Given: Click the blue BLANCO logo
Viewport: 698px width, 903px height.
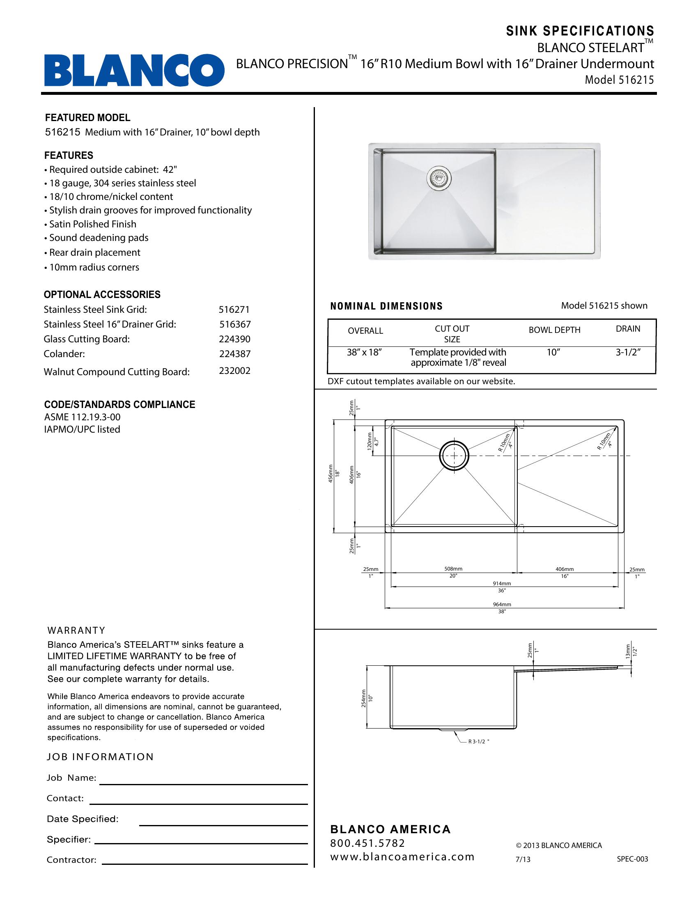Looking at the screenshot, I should point(134,70).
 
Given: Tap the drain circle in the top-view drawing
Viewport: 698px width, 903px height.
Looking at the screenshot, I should point(454,455).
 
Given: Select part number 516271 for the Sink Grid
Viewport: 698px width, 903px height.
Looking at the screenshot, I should point(234,309).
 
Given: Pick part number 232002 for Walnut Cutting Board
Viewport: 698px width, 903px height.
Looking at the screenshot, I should point(234,371).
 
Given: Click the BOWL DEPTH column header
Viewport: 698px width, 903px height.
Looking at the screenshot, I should point(554,330).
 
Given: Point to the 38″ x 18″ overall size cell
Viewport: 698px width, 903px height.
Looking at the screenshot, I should point(364,353).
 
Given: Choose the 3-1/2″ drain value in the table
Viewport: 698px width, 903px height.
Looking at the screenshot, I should point(628,353).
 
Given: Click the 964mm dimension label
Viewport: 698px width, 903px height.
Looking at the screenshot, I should point(502,604).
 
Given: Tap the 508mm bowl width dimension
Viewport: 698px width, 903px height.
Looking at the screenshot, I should point(454,569).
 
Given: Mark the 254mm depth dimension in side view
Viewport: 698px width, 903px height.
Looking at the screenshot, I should point(364,698).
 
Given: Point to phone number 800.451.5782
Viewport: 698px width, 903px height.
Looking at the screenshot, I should point(367,843).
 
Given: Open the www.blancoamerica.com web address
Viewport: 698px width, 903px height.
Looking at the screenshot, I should point(402,857).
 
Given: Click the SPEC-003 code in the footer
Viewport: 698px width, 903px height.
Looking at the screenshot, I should point(632,859).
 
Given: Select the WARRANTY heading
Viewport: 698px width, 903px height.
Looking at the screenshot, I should point(76,630).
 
